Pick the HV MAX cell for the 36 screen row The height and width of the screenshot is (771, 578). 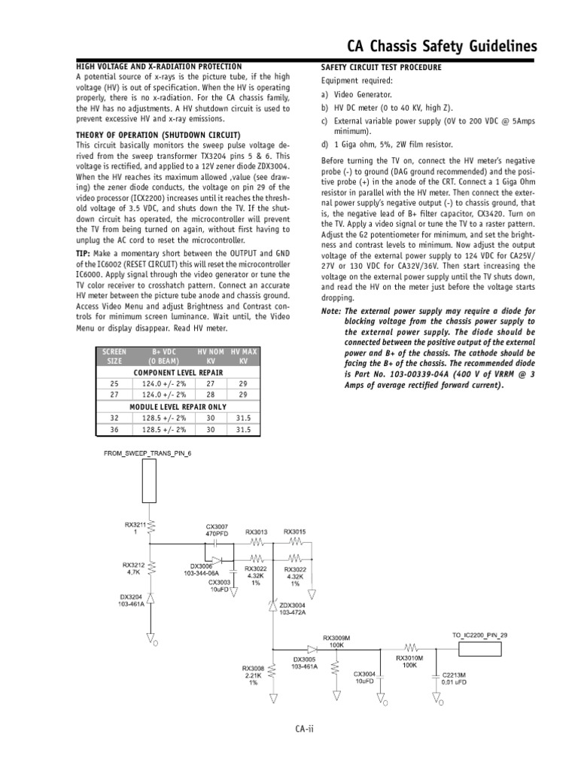point(242,430)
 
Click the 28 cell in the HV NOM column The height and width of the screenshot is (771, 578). point(210,394)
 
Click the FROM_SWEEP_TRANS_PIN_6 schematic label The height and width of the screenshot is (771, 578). point(148,454)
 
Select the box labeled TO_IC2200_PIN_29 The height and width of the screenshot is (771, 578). point(479,636)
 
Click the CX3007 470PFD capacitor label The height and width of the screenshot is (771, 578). point(216,530)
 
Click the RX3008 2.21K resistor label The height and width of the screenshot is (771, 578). point(253,675)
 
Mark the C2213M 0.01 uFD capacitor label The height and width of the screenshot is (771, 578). point(455,678)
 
